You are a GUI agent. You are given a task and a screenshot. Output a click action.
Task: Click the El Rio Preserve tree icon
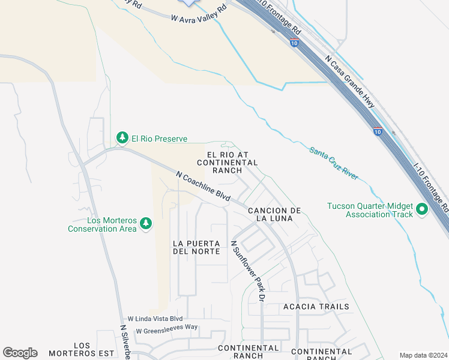(x=122, y=139)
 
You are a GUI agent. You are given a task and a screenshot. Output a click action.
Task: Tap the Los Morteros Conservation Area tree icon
(x=145, y=224)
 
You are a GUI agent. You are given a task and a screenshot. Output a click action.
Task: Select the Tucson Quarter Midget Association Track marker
(x=421, y=209)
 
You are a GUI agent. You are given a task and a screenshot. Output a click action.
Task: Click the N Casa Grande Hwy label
(x=349, y=83)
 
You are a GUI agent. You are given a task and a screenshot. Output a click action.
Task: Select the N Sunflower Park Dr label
(x=248, y=271)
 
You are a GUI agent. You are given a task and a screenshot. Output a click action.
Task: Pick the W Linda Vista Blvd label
(x=154, y=319)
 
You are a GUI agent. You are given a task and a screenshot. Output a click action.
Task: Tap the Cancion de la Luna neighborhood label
(x=274, y=214)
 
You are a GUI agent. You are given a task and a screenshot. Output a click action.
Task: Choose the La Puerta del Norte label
(x=196, y=247)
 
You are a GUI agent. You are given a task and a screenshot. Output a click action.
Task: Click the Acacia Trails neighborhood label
(x=316, y=307)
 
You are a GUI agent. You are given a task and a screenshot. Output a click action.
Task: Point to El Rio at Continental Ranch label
(x=227, y=163)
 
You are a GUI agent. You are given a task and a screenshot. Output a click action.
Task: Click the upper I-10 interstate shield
(x=294, y=43)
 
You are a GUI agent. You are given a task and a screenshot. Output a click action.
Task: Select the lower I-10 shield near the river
(x=376, y=131)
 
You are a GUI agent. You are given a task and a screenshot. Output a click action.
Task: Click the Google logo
(x=20, y=353)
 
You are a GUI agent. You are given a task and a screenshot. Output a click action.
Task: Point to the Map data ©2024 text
(x=423, y=355)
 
